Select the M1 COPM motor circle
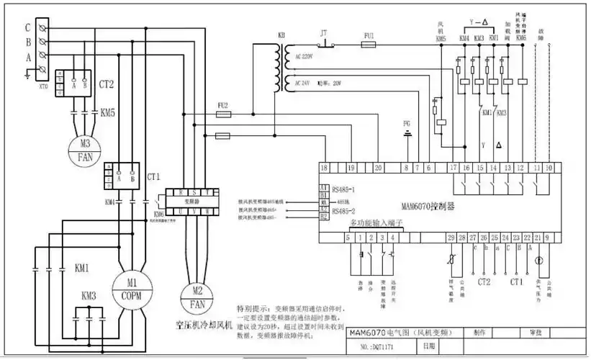[132, 287]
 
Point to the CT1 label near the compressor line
[153, 176]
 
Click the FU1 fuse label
[369, 35]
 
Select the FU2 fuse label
[222, 105]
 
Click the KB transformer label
[281, 35]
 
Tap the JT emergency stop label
[323, 33]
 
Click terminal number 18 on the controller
[325, 168]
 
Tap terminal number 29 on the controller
[451, 237]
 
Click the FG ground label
[407, 124]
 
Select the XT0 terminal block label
[44, 84]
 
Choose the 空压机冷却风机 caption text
[199, 324]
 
